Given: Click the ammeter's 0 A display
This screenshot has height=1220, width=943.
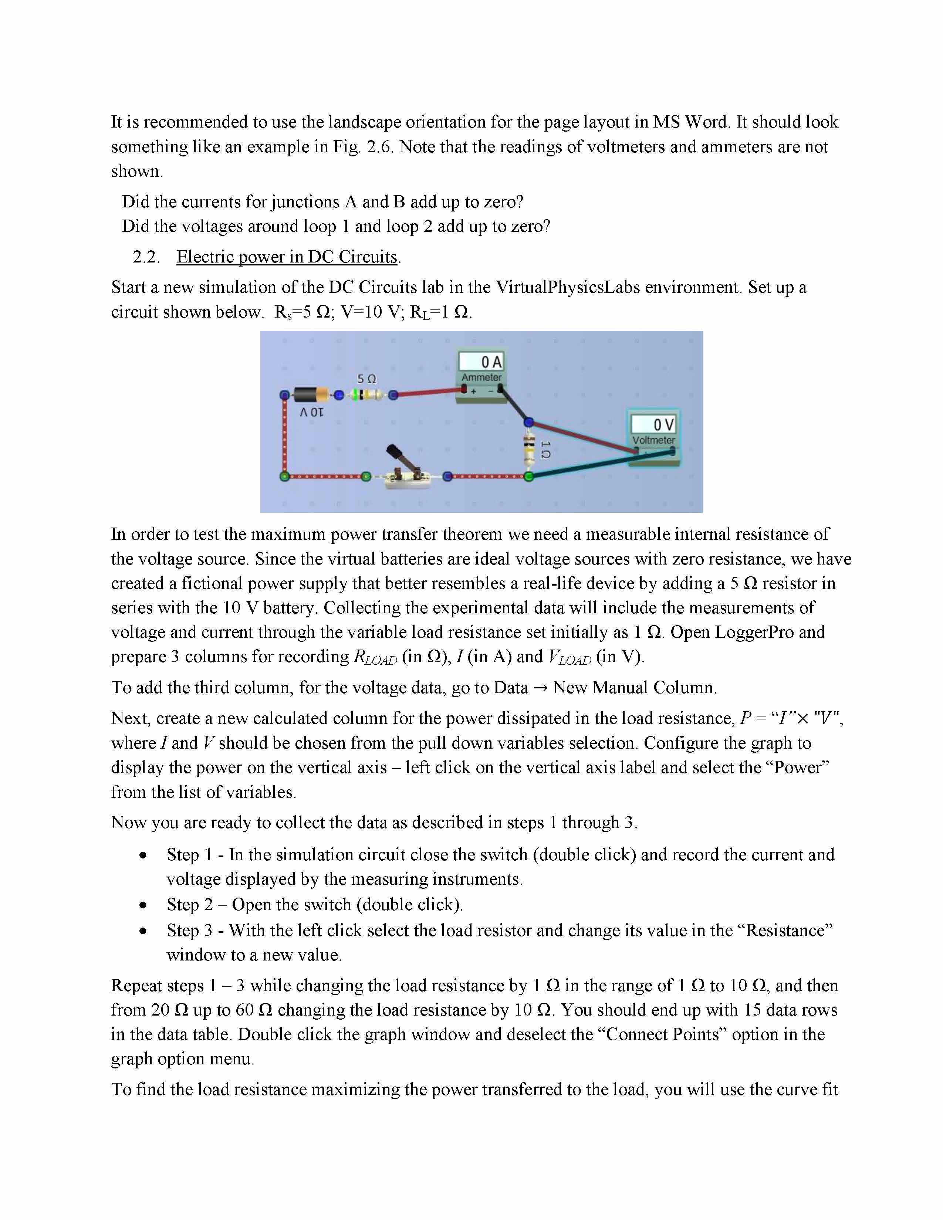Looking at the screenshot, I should [481, 362].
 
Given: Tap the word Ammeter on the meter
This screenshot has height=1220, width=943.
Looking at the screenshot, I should [481, 377].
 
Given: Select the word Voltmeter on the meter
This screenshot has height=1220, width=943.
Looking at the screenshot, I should [653, 440].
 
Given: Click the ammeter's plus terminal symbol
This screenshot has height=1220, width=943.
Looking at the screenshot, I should [473, 391].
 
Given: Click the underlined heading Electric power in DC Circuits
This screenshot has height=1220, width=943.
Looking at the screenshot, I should [287, 257].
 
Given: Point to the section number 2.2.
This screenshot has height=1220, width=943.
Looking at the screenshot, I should [146, 257].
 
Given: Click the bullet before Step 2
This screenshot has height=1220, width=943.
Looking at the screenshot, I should [143, 904].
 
